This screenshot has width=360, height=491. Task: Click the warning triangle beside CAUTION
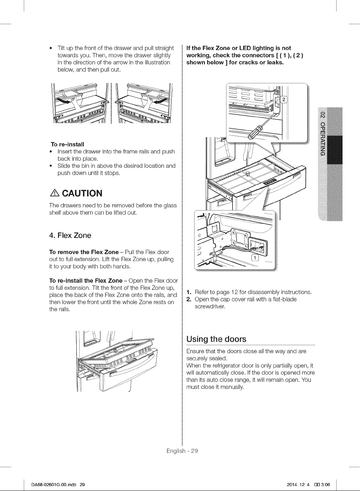[55, 193]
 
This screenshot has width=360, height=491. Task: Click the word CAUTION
[82, 193]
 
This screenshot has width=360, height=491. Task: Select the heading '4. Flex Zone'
[70, 235]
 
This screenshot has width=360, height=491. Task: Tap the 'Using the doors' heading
[216, 339]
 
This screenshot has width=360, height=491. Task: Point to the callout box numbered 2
[284, 100]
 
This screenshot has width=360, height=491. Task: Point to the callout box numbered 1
[255, 258]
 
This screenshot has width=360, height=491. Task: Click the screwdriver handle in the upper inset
[255, 132]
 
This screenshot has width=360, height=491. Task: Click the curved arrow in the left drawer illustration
[63, 100]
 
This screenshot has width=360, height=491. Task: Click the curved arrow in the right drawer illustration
[159, 100]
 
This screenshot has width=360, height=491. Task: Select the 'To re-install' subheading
[67, 144]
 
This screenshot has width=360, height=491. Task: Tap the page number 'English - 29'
[182, 451]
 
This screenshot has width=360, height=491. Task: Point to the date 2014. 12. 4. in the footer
[298, 478]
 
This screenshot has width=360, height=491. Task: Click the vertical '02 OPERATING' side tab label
[322, 133]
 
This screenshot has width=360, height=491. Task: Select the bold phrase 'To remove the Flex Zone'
[84, 252]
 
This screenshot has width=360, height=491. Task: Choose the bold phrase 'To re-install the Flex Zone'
[86, 281]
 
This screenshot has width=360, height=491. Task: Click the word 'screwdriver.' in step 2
[210, 307]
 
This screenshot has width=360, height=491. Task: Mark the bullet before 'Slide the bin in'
[51, 166]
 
